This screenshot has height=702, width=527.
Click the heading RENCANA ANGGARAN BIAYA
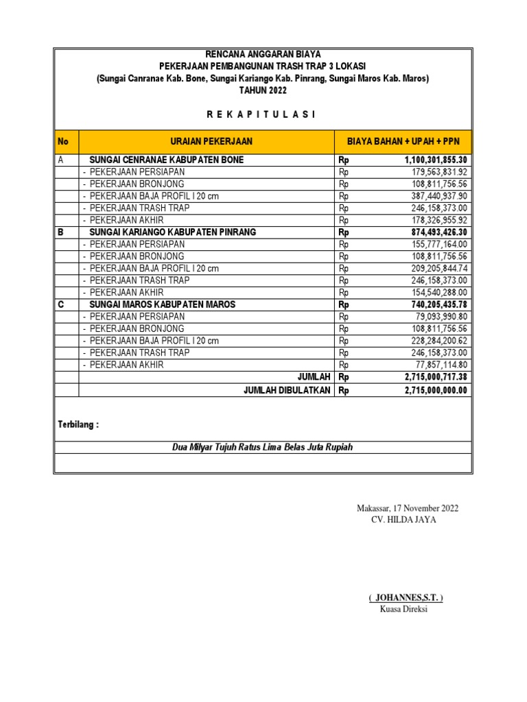click(x=263, y=54)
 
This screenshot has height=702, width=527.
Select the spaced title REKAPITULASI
click(x=263, y=114)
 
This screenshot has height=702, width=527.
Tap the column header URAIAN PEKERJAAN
click(x=206, y=142)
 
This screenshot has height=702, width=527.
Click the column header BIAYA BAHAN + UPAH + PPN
click(x=402, y=142)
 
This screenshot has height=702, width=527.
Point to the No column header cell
click(x=65, y=142)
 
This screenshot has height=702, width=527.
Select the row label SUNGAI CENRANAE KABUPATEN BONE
click(x=167, y=160)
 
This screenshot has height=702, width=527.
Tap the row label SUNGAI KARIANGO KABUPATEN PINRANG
click(x=172, y=232)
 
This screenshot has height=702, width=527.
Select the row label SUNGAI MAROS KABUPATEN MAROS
click(x=163, y=304)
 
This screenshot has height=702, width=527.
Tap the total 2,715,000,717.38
click(x=436, y=377)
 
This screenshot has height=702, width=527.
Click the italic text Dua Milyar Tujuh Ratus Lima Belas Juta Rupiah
click(x=263, y=448)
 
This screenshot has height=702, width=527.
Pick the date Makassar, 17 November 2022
click(x=408, y=508)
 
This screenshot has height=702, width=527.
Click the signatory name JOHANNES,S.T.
click(x=406, y=598)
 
